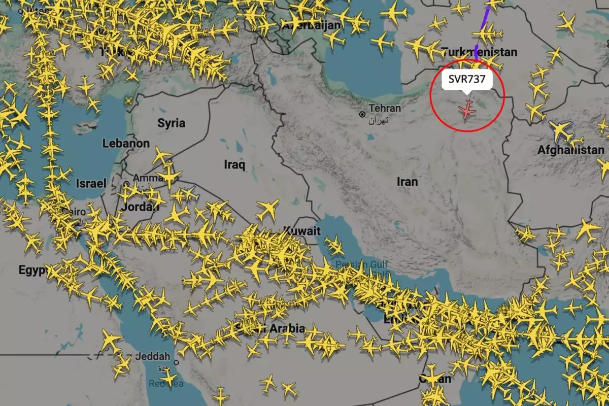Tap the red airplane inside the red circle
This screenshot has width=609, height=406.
point(466,109)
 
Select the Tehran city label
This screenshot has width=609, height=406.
point(385,108)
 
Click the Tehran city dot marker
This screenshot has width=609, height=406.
point(362,115)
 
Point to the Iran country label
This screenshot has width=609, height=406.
point(408,181)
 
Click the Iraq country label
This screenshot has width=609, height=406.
point(234,164)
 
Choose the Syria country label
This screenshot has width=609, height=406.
point(172,123)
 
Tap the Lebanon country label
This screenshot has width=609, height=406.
point(126,144)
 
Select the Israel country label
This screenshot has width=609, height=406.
point(91,183)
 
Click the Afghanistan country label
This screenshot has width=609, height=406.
point(571,150)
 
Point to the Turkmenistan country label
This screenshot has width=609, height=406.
point(479,52)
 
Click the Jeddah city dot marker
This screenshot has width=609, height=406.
point(176,362)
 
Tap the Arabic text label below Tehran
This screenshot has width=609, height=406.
point(379,120)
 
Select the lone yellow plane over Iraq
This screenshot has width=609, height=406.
point(267,208)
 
